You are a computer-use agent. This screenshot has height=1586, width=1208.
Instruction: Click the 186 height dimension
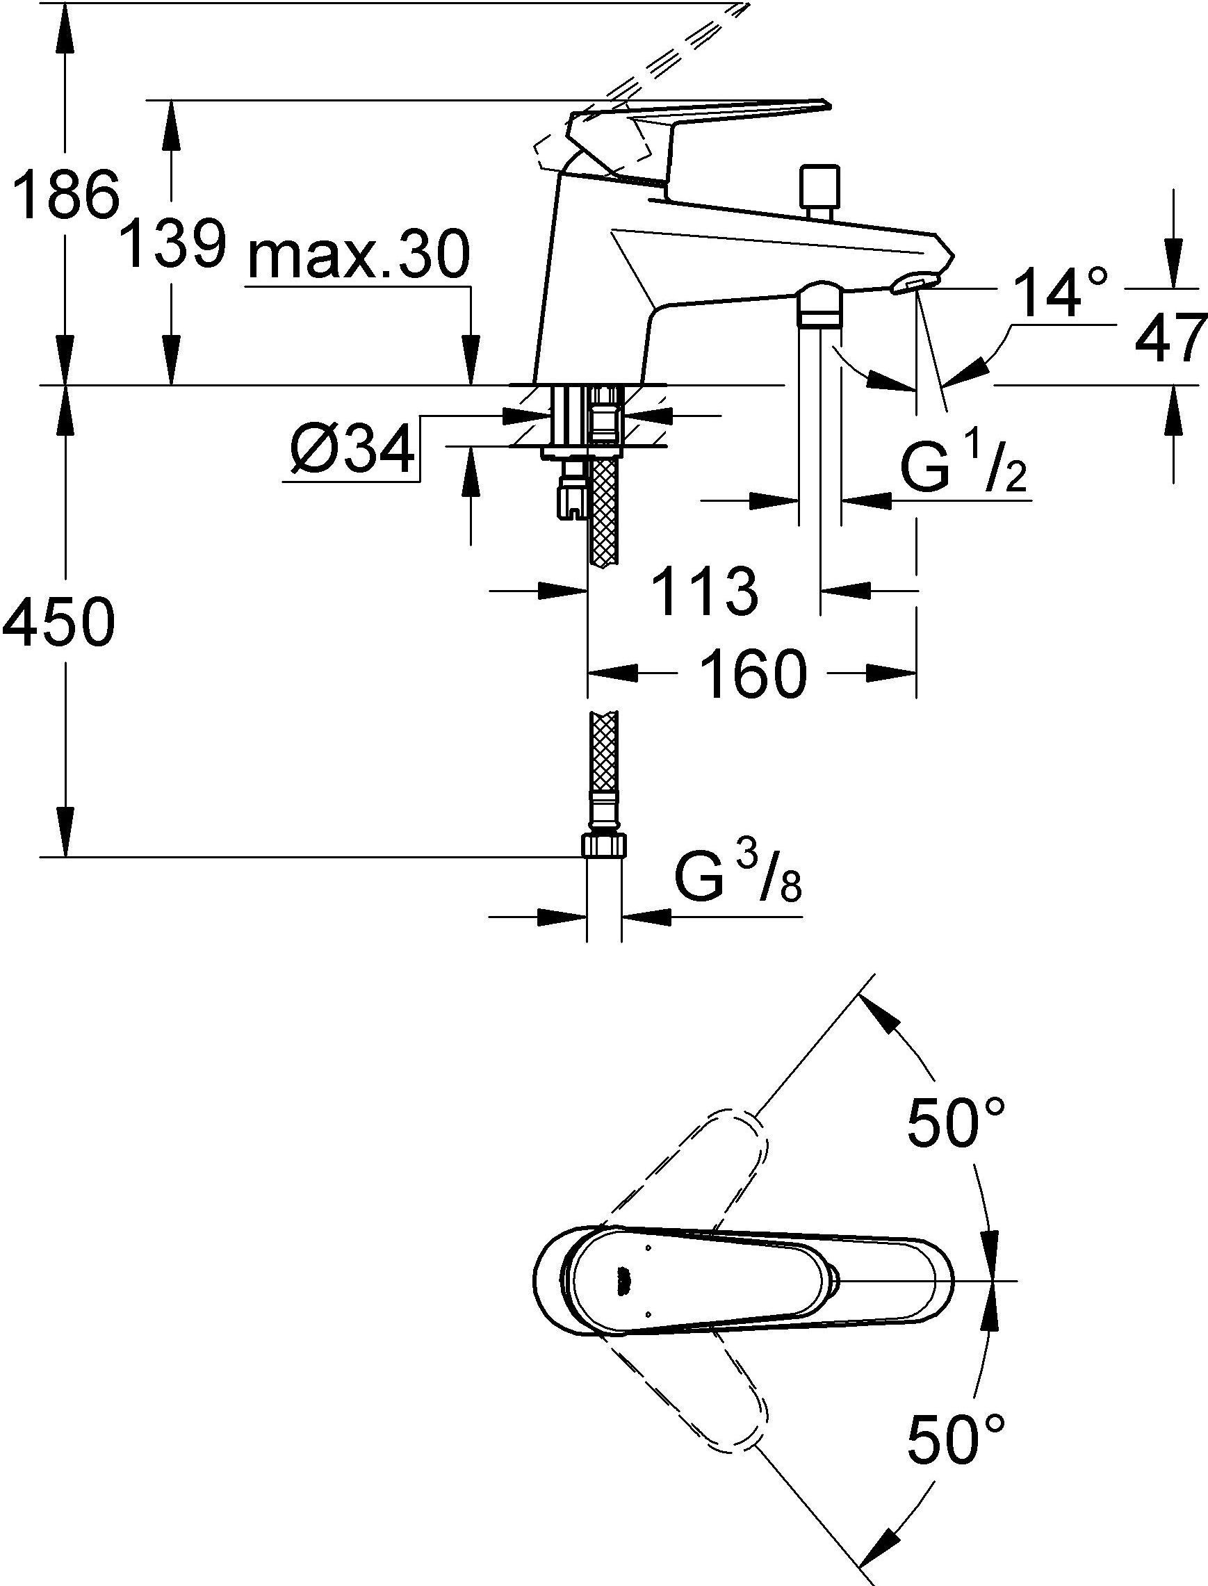67,195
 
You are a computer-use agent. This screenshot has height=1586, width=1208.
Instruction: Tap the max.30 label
359,256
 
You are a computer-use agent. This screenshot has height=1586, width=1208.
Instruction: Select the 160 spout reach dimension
752,673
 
